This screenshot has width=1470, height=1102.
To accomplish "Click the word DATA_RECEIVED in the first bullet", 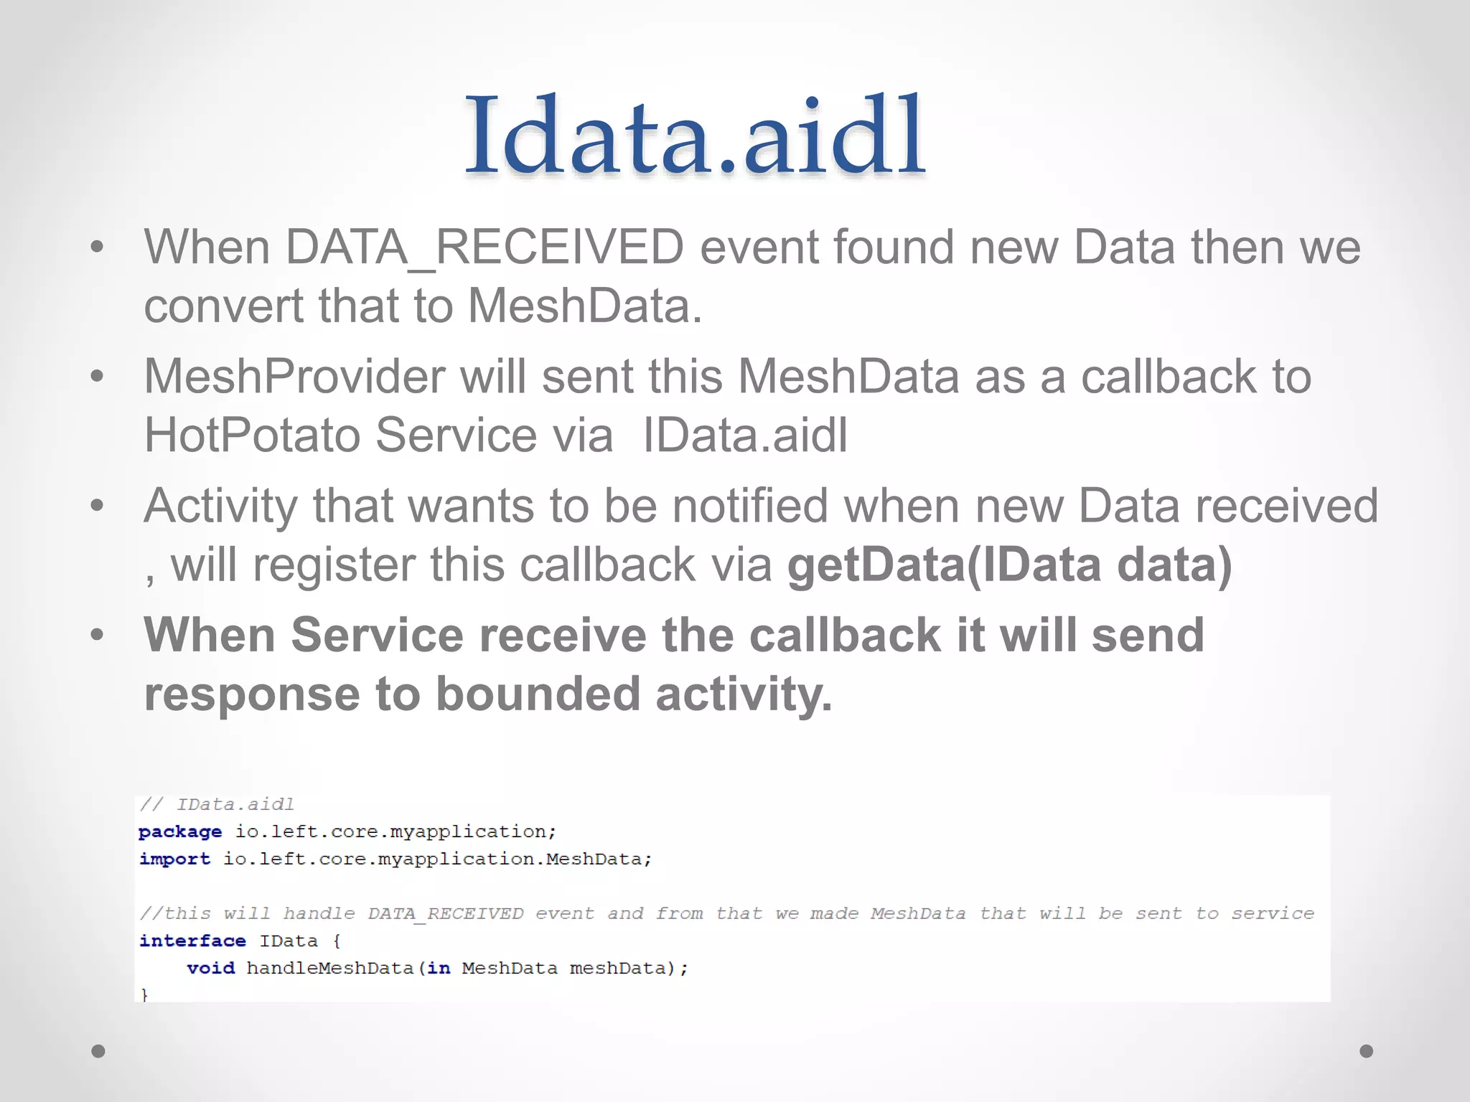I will click(484, 248).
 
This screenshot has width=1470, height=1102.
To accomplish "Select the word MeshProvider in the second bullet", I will click(294, 377).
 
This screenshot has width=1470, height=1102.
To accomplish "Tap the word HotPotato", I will click(251, 435).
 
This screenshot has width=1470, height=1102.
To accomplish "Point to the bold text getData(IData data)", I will click(1009, 565).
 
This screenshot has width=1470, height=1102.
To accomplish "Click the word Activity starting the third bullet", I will click(220, 506).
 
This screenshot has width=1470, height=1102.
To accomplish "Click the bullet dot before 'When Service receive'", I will click(98, 635).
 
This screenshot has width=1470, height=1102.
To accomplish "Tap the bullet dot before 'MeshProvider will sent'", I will click(98, 376).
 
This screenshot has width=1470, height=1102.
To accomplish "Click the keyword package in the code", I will click(180, 832).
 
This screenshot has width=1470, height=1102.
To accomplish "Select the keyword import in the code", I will click(174, 860).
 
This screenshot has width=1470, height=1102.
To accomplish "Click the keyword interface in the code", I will click(192, 941).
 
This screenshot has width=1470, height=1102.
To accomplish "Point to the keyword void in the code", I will click(210, 969).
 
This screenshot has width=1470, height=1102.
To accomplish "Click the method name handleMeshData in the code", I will click(330, 969).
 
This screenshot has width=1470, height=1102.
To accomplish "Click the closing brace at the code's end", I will click(144, 994).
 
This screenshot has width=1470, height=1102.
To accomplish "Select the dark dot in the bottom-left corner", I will click(98, 1051).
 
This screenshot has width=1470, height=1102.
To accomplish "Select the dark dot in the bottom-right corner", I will click(1367, 1051).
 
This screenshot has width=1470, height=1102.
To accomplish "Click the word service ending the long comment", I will click(1273, 914).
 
